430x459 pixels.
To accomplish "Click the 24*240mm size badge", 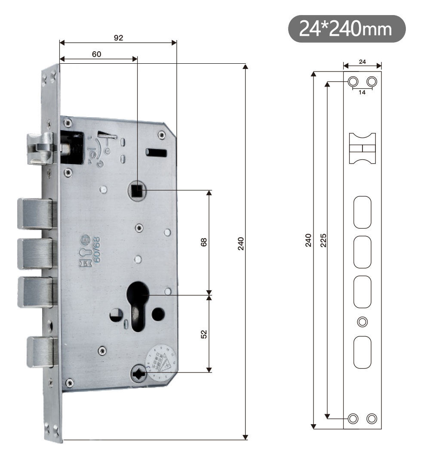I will coord(347,29).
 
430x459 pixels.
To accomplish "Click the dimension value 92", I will coord(118,37).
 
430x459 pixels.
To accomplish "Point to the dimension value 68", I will coord(204,242).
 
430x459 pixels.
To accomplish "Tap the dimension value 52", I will coord(204,334).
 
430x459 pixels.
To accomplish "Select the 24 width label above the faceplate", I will coord(362,62).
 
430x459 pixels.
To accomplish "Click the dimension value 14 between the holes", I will coord(362,93).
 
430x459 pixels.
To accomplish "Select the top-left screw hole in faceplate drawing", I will coord(353,81).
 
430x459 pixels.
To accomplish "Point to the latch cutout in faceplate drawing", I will coord(362,149).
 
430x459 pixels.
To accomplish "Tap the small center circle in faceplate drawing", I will coord(362,321).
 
